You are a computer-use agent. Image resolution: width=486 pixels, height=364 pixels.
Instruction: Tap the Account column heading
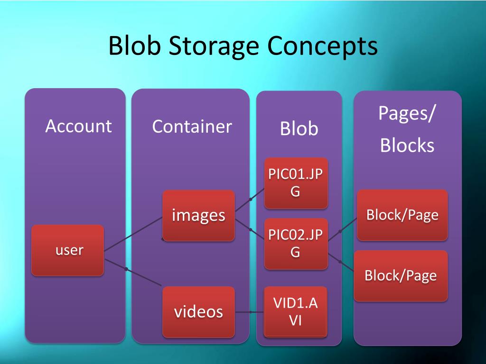tap(78, 126)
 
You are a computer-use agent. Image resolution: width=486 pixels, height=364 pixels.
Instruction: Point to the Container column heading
tap(192, 127)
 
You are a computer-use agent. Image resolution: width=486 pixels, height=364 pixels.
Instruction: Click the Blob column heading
tap(299, 129)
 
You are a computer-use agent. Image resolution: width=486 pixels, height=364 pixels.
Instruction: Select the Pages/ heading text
tap(407, 114)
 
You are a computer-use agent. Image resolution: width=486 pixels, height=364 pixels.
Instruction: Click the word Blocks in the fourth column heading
tap(407, 145)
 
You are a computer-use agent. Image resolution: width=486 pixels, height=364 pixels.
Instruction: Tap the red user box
tap(68, 250)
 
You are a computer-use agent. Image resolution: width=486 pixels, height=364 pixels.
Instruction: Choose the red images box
tap(198, 215)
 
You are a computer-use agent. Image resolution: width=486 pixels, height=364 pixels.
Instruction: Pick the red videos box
tap(198, 311)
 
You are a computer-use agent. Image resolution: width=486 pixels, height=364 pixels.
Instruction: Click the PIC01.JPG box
tap(296, 183)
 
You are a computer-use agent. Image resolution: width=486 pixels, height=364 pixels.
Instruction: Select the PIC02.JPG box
tap(296, 244)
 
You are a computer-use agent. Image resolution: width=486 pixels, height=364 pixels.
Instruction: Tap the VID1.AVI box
tap(295, 311)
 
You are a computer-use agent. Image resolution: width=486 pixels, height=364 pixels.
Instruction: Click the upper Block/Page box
tap(402, 215)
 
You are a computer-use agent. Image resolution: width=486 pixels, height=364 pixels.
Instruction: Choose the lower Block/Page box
tap(401, 275)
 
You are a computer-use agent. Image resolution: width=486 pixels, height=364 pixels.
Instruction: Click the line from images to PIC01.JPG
tap(250, 200)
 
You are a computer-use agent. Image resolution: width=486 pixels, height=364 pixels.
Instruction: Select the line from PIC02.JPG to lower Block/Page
tap(341, 262)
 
